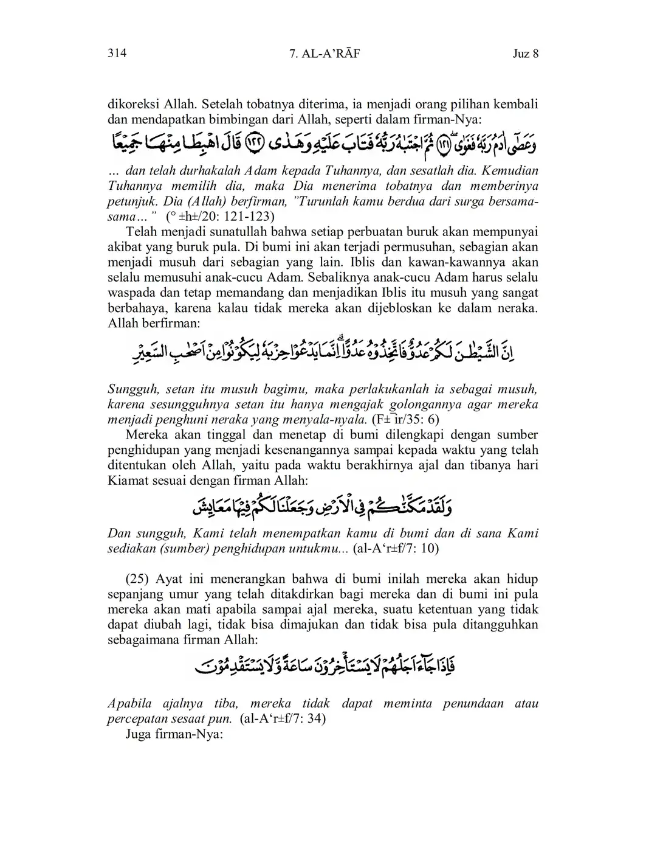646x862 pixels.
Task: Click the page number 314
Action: click(117, 54)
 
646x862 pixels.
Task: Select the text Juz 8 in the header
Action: click(526, 54)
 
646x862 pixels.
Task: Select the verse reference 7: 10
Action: click(421, 548)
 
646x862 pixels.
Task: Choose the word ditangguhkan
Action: click(498, 624)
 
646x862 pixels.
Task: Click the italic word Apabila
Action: click(129, 703)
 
